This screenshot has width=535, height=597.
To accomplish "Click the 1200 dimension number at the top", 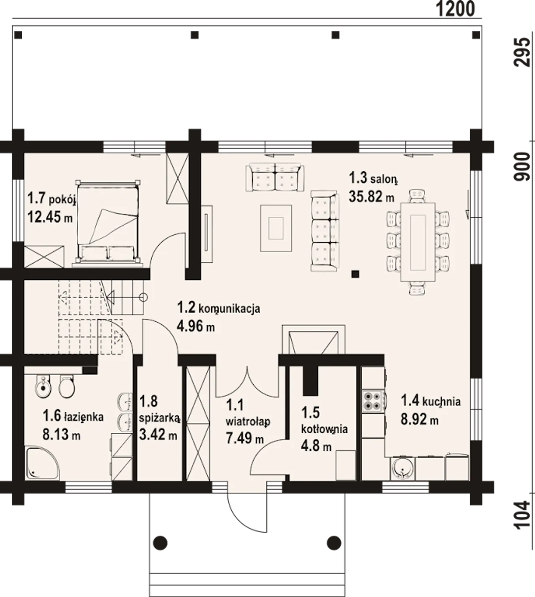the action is click(x=455, y=9).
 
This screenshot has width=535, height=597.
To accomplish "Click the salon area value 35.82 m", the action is click(x=372, y=196).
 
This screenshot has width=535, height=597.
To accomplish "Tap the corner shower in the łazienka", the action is click(x=42, y=463).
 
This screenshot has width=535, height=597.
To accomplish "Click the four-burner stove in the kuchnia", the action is click(x=372, y=401).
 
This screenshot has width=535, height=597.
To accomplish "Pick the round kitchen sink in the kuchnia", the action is click(x=403, y=469).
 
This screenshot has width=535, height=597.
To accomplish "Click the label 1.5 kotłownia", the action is click(x=324, y=421).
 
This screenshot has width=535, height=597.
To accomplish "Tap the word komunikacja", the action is click(x=229, y=309).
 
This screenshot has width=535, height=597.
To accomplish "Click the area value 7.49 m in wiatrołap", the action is click(x=245, y=438).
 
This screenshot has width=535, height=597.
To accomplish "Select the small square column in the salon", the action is click(x=355, y=274).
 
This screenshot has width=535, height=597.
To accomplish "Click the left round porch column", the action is click(x=160, y=543).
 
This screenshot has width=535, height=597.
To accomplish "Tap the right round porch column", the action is click(x=334, y=543).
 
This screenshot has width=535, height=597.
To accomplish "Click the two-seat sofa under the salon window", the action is click(x=275, y=178).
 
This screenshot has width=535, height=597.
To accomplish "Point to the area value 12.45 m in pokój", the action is click(x=50, y=218).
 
